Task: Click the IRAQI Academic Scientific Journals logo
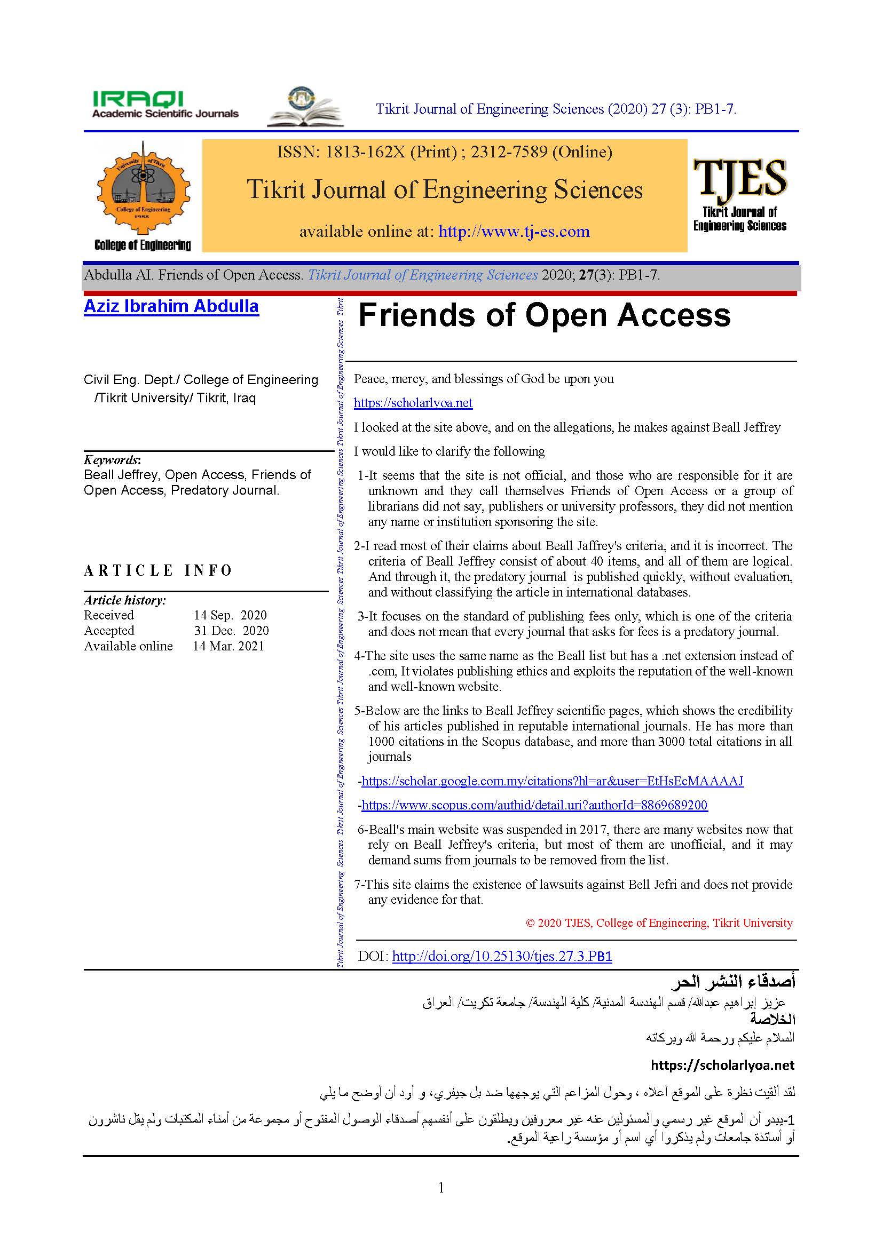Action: click(x=165, y=105)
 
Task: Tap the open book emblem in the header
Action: click(x=305, y=107)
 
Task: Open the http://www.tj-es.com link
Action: click(x=514, y=232)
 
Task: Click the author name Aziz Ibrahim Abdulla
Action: click(x=171, y=307)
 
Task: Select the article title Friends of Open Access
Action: click(x=544, y=315)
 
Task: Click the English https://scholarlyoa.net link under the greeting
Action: click(x=413, y=403)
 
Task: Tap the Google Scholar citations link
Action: click(x=552, y=781)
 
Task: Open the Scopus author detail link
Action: click(x=534, y=805)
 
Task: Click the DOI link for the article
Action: click(x=501, y=956)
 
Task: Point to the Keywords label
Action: click(x=112, y=459)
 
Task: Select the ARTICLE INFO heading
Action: click(x=157, y=570)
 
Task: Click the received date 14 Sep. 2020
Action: click(x=230, y=615)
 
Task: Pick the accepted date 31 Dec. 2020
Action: click(x=231, y=631)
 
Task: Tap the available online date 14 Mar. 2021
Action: click(x=228, y=646)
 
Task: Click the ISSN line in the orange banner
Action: click(x=444, y=152)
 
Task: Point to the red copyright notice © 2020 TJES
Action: click(x=659, y=923)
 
